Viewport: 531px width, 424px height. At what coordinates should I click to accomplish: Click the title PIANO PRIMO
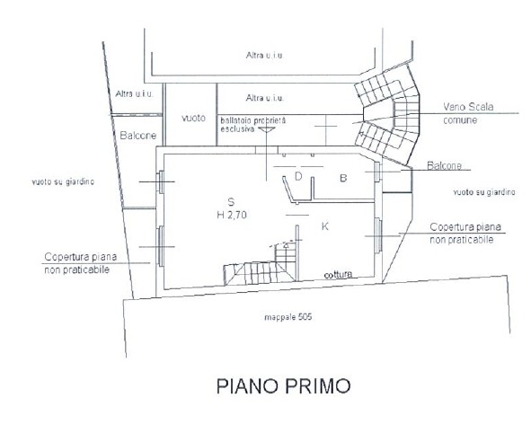pyautogui.click(x=283, y=386)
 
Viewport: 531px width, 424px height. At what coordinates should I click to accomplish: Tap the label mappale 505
pyautogui.click(x=288, y=317)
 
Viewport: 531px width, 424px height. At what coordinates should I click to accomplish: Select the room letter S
pyautogui.click(x=231, y=202)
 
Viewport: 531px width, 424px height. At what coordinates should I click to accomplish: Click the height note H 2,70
pyautogui.click(x=232, y=215)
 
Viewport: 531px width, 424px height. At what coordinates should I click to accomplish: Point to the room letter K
pyautogui.click(x=324, y=226)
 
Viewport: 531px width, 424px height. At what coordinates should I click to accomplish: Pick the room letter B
pyautogui.click(x=343, y=178)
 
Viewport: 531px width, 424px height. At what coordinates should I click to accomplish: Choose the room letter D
pyautogui.click(x=298, y=176)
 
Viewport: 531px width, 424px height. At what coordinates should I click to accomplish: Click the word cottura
pyautogui.click(x=338, y=274)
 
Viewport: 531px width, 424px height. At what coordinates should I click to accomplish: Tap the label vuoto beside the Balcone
pyautogui.click(x=193, y=118)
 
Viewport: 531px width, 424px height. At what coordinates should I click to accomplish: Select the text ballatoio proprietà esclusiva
pyautogui.click(x=253, y=125)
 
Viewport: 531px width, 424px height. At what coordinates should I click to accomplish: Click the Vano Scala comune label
pyautogui.click(x=468, y=113)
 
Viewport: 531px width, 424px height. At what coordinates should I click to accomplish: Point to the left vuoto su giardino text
pyautogui.click(x=63, y=181)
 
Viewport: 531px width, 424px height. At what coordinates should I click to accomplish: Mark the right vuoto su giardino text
pyautogui.click(x=484, y=192)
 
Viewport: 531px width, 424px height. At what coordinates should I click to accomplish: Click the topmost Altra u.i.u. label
pyautogui.click(x=265, y=55)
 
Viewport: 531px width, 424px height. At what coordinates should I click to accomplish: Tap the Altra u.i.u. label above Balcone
pyautogui.click(x=135, y=93)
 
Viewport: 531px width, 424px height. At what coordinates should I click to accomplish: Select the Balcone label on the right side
pyautogui.click(x=445, y=165)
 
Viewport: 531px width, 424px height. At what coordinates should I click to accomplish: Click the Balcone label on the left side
pyautogui.click(x=138, y=136)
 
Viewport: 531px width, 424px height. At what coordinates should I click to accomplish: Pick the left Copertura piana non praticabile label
pyautogui.click(x=81, y=263)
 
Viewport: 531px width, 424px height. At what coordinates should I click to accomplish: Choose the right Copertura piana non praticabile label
pyautogui.click(x=465, y=234)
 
